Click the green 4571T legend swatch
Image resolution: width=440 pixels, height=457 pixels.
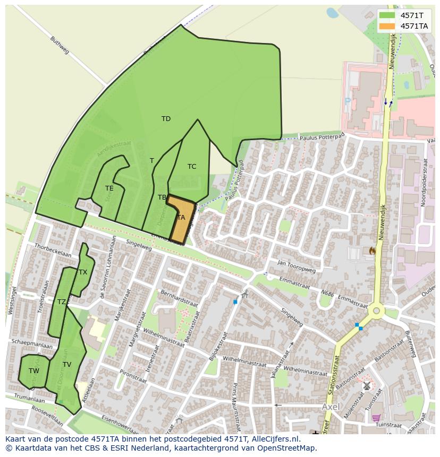point(387,15)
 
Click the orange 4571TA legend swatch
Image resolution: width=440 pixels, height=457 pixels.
point(387,26)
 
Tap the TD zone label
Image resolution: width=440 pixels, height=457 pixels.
point(166,119)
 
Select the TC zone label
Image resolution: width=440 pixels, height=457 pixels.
point(192,167)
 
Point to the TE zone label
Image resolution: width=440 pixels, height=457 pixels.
point(109,188)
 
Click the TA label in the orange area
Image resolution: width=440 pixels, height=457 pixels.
point(181,218)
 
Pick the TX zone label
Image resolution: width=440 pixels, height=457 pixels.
point(82,272)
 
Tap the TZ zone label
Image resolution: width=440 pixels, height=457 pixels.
point(62,302)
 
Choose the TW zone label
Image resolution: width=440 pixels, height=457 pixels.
point(33,371)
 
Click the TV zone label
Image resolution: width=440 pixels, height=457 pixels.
point(66,365)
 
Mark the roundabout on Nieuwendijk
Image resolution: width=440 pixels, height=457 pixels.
point(376,311)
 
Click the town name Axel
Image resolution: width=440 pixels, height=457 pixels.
point(331,407)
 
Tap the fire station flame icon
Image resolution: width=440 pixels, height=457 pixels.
point(372,250)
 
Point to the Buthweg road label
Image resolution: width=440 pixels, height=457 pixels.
point(60,45)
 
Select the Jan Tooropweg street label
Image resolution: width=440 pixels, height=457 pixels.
point(296,266)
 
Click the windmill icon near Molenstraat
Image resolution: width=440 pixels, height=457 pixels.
point(366,386)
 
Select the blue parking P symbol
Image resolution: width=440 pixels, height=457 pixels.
point(348,100)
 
